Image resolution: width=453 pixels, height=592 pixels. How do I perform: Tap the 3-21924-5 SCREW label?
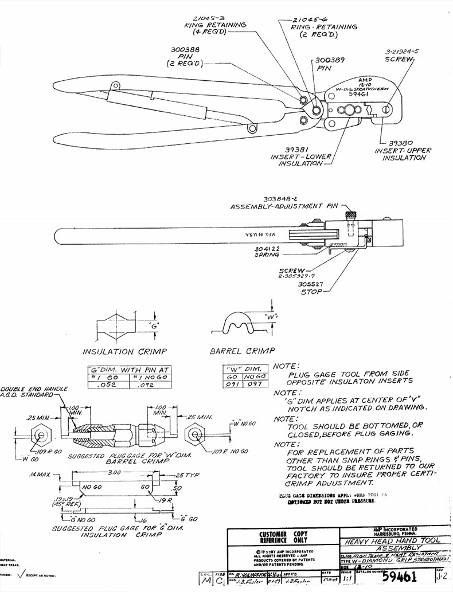(x=402, y=51)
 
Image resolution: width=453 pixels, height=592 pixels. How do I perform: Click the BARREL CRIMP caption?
(x=243, y=350)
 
